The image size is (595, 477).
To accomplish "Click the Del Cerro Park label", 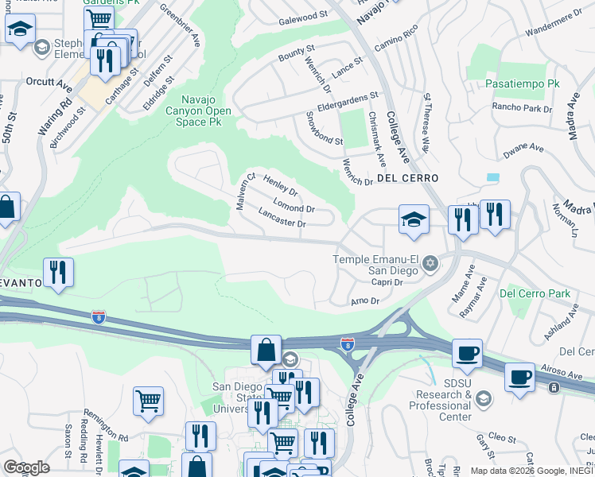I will click(535, 293).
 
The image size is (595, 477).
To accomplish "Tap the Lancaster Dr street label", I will click(282, 218).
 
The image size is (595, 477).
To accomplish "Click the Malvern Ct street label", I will click(244, 192).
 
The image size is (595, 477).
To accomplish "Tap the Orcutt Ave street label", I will click(49, 82).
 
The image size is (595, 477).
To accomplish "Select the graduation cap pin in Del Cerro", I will click(414, 219).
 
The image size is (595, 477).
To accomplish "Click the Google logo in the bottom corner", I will click(26, 467).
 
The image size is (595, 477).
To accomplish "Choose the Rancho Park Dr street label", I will click(521, 107).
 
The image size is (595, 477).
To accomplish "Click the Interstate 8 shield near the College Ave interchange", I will click(347, 344).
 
